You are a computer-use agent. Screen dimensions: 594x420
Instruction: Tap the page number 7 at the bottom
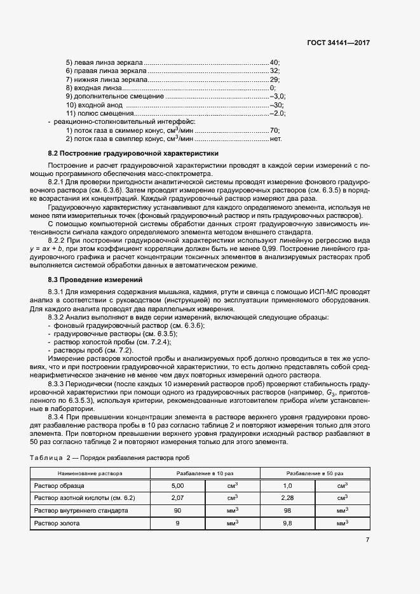point(367,539)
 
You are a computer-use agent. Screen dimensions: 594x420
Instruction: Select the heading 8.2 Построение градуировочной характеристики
point(133,153)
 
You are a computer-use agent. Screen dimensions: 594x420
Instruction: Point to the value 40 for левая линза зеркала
point(274,62)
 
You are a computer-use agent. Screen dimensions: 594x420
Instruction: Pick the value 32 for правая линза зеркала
point(274,71)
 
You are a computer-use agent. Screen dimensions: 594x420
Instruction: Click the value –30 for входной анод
point(276,105)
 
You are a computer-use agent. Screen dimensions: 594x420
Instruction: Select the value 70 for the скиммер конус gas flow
point(274,130)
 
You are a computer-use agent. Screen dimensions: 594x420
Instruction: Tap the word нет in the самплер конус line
point(275,138)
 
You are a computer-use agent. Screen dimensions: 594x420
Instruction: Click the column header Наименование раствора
point(90,473)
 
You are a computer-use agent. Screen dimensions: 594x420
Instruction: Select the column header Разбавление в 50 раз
point(315,473)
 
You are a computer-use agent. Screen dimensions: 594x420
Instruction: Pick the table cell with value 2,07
point(178,497)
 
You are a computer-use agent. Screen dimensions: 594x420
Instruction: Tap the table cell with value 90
point(178,510)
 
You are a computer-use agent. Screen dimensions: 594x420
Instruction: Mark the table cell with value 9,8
point(287,523)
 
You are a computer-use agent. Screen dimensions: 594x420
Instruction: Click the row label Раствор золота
point(57,523)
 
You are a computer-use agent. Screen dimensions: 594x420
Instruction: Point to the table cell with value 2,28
point(287,497)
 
